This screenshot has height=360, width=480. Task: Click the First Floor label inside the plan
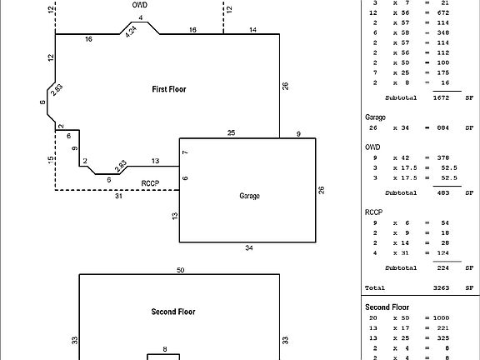pyautogui.click(x=168, y=88)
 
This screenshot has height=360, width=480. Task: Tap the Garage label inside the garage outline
pyautogui.click(x=250, y=196)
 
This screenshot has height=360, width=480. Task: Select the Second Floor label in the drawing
pyautogui.click(x=173, y=312)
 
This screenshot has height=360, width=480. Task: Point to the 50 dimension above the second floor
pyautogui.click(x=180, y=270)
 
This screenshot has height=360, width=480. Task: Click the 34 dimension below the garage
pyautogui.click(x=248, y=248)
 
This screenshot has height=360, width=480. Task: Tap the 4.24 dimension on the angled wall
pyautogui.click(x=131, y=30)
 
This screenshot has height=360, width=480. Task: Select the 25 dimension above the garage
pyautogui.click(x=231, y=132)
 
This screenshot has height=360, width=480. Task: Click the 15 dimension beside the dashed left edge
pyautogui.click(x=50, y=160)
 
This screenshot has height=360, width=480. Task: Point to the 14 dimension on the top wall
pyautogui.click(x=253, y=30)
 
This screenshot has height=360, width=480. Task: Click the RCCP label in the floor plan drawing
pyautogui.click(x=149, y=182)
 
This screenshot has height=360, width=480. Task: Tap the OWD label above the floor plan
pyautogui.click(x=139, y=4)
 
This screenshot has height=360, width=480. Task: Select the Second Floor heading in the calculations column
pyautogui.click(x=387, y=307)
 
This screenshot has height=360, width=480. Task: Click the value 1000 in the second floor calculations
pyautogui.click(x=439, y=318)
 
